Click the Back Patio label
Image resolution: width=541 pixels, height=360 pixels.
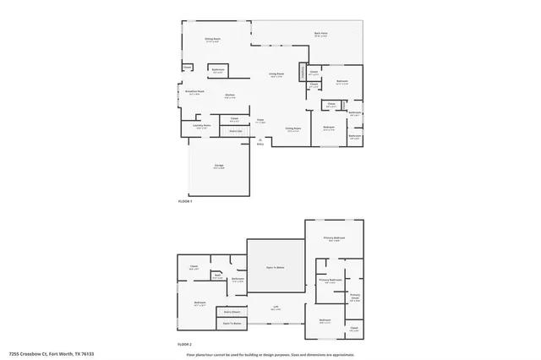[321, 34]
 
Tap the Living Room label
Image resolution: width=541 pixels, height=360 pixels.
[276, 74]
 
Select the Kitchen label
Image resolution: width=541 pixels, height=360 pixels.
[229, 95]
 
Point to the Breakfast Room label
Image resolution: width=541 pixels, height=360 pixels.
[194, 92]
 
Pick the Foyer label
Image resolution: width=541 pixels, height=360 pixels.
[261, 121]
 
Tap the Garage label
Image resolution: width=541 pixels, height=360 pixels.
[218, 166]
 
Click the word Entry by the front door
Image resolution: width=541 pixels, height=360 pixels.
[260, 144]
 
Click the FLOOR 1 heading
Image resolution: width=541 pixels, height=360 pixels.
[185, 201]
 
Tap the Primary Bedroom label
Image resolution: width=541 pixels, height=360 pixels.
[335, 239]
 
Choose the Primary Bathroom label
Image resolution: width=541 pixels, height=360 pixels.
[330, 280]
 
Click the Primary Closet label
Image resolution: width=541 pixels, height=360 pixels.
[355, 297]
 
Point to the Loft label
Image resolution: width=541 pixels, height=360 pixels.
[276, 308]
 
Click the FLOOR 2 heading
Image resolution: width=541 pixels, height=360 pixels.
[185, 345]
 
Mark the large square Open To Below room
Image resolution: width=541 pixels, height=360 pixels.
[275, 266]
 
